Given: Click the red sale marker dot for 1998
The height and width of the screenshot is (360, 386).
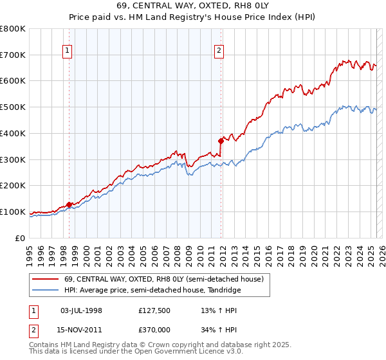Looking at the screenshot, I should point(69,204).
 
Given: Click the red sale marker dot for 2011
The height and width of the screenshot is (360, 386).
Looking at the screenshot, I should point(221,140).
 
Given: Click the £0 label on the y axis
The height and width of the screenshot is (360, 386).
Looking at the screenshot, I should point(21,238).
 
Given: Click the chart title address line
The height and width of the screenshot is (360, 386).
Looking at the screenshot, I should point(193,8).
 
